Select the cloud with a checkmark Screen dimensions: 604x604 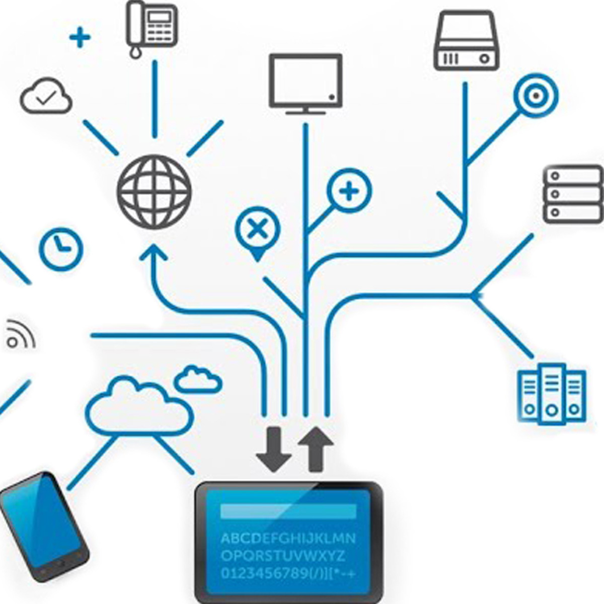pyautogui.click(x=46, y=96)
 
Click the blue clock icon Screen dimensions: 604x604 pyautogui.click(x=61, y=250)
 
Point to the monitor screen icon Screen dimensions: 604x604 pyautogui.click(x=306, y=82)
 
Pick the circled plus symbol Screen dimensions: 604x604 pyautogui.click(x=349, y=191)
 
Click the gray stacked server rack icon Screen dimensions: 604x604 pyautogui.click(x=573, y=194)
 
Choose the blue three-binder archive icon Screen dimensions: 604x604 pyautogui.click(x=552, y=393)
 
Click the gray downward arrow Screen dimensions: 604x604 pyautogui.click(x=274, y=449)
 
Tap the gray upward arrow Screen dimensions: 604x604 pyautogui.click(x=316, y=449)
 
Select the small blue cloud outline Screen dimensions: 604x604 pyautogui.click(x=198, y=380)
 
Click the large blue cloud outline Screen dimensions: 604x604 pyautogui.click(x=138, y=407)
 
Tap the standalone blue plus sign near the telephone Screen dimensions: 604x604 pyautogui.click(x=80, y=38)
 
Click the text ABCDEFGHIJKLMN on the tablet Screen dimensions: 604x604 pyautogui.click(x=288, y=538)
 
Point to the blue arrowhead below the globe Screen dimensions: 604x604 pyautogui.click(x=154, y=252)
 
